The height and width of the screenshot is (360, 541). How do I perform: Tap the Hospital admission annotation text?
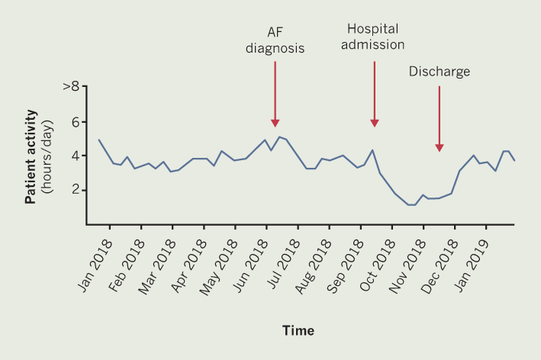(x=375, y=36)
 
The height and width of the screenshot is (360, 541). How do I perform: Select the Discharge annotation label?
(x=439, y=72)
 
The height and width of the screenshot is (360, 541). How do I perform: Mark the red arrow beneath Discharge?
(x=439, y=118)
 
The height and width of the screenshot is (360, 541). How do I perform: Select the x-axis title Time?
(x=298, y=331)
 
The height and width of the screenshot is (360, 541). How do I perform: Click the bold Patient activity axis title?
(x=31, y=156)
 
